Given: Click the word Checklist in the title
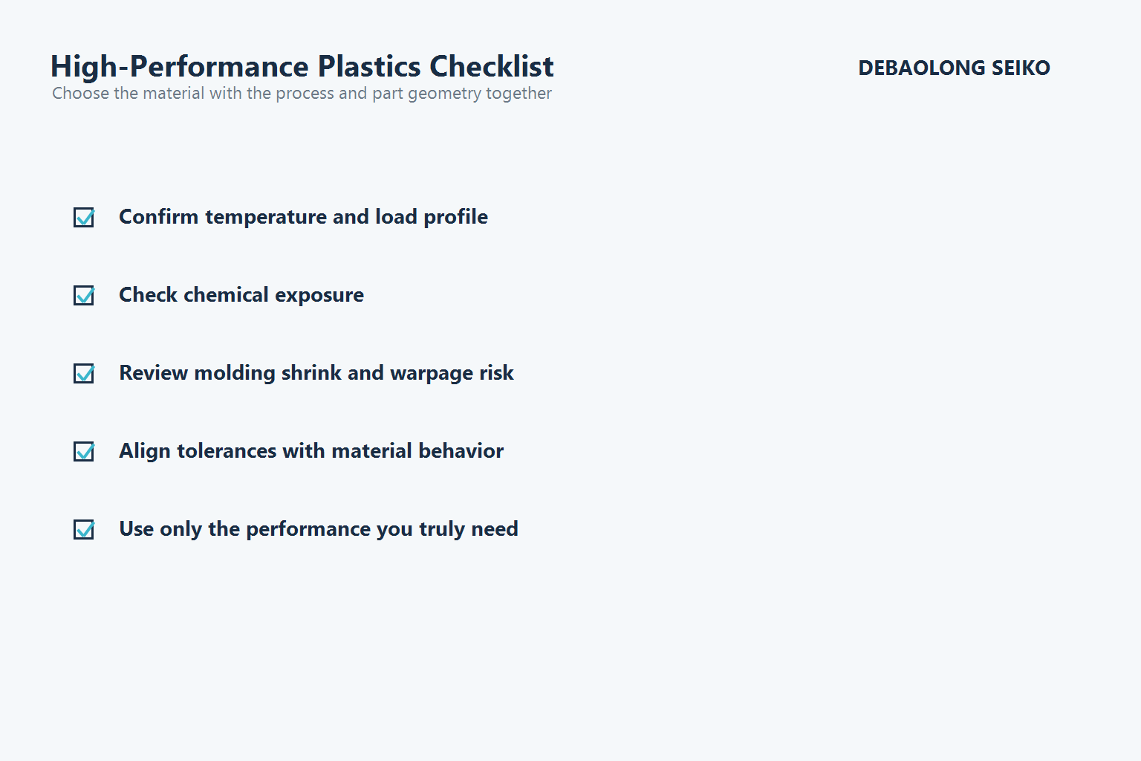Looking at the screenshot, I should click(x=491, y=67).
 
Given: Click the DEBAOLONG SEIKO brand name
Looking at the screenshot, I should click(x=954, y=68).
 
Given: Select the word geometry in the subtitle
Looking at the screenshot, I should click(x=444, y=94).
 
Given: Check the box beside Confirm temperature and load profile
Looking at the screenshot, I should click(x=84, y=217).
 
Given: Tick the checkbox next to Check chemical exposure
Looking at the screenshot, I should click(x=84, y=295).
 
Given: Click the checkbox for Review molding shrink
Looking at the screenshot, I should click(x=84, y=373).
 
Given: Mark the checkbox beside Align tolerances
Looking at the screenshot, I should click(x=84, y=451).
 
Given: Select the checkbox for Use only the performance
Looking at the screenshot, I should click(x=84, y=529).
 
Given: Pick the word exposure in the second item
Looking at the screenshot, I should click(x=319, y=295).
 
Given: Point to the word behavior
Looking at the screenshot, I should click(x=461, y=451).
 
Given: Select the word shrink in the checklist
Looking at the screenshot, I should click(x=311, y=373).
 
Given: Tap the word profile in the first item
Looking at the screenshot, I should click(x=455, y=217).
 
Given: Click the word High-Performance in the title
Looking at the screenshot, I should click(x=180, y=67).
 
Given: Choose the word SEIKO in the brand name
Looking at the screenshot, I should click(x=1021, y=68).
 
